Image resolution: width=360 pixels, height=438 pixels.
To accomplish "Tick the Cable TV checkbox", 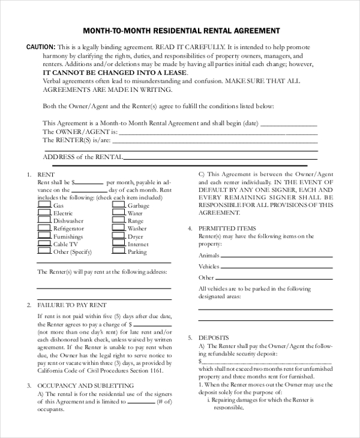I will point(44,244).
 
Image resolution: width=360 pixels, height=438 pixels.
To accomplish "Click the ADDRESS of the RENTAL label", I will point(83,157).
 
